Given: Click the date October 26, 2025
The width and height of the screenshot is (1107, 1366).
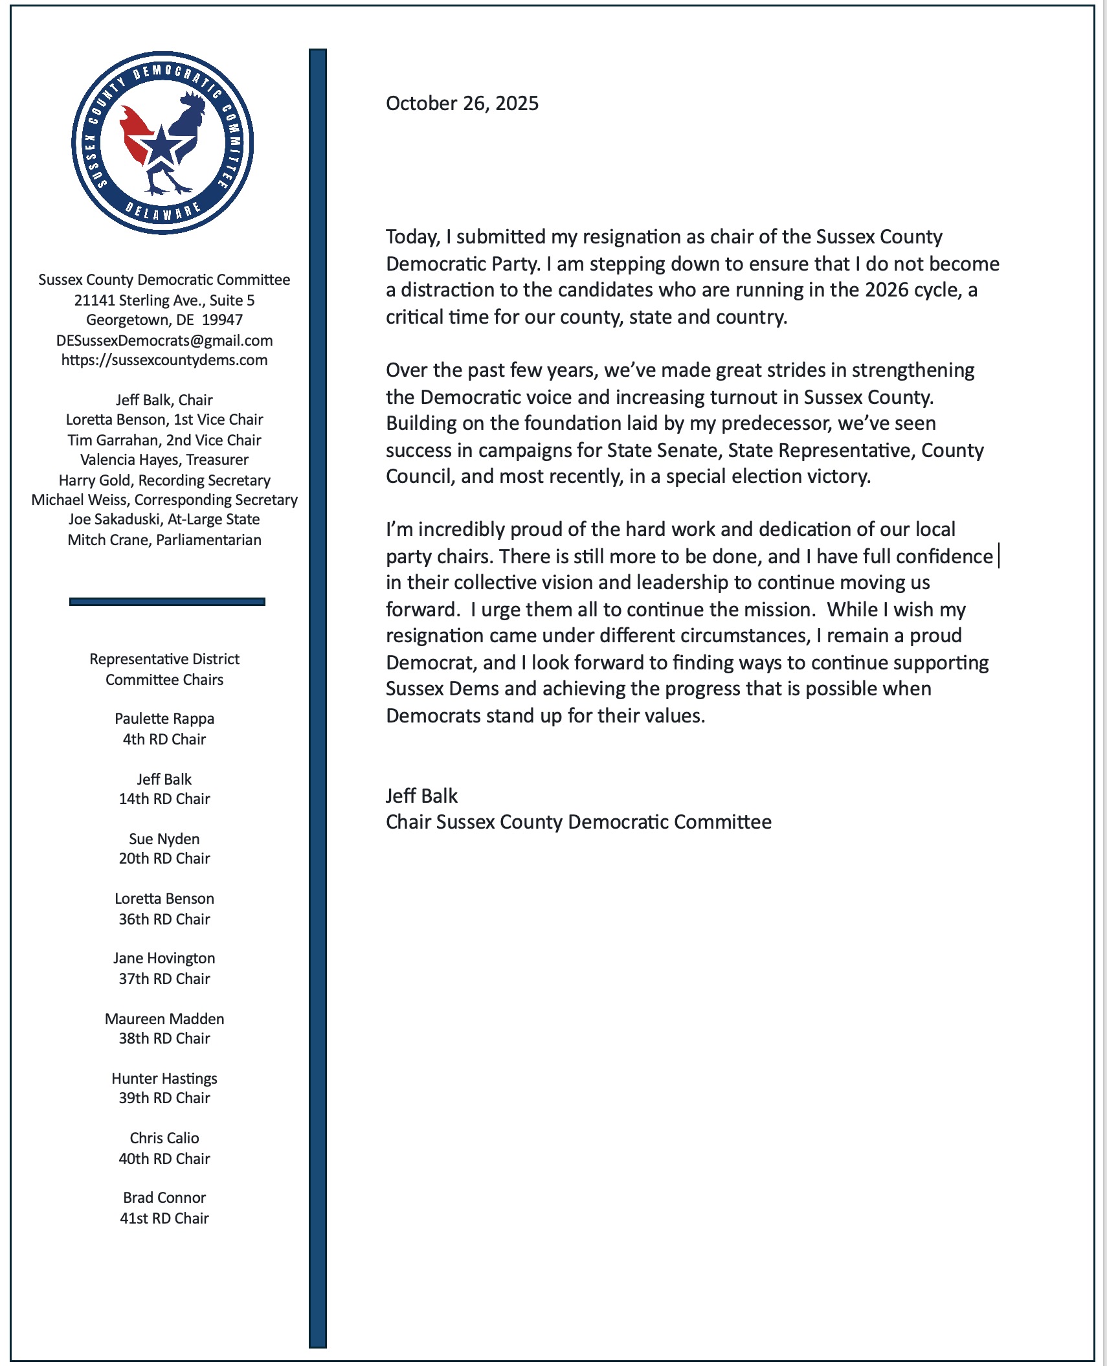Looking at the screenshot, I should (x=462, y=104).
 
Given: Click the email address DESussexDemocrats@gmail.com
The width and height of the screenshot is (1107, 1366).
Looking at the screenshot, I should (x=164, y=341).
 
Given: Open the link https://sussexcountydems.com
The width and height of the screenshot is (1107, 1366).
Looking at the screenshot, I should (x=164, y=360).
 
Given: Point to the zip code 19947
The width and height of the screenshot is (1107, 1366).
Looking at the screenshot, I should (x=222, y=320).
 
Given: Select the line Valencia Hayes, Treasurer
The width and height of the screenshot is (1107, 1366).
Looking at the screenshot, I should (x=164, y=460).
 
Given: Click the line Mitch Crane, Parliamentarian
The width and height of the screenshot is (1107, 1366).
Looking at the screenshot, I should (x=164, y=540).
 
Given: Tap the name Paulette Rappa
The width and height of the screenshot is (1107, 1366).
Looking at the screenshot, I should (x=164, y=719).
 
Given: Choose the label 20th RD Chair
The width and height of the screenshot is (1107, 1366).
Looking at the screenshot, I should (x=164, y=858).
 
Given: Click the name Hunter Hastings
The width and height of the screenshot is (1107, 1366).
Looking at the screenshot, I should (x=164, y=1079).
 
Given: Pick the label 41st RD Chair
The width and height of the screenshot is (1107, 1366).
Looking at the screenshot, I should (x=164, y=1218).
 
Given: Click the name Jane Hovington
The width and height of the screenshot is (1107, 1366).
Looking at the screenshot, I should (x=164, y=958).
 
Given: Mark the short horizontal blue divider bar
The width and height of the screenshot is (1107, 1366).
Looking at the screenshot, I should (x=167, y=601).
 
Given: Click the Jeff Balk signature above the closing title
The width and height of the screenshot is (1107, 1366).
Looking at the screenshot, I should (x=421, y=796).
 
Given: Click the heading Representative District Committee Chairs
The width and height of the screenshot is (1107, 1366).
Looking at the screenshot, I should (x=164, y=669).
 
